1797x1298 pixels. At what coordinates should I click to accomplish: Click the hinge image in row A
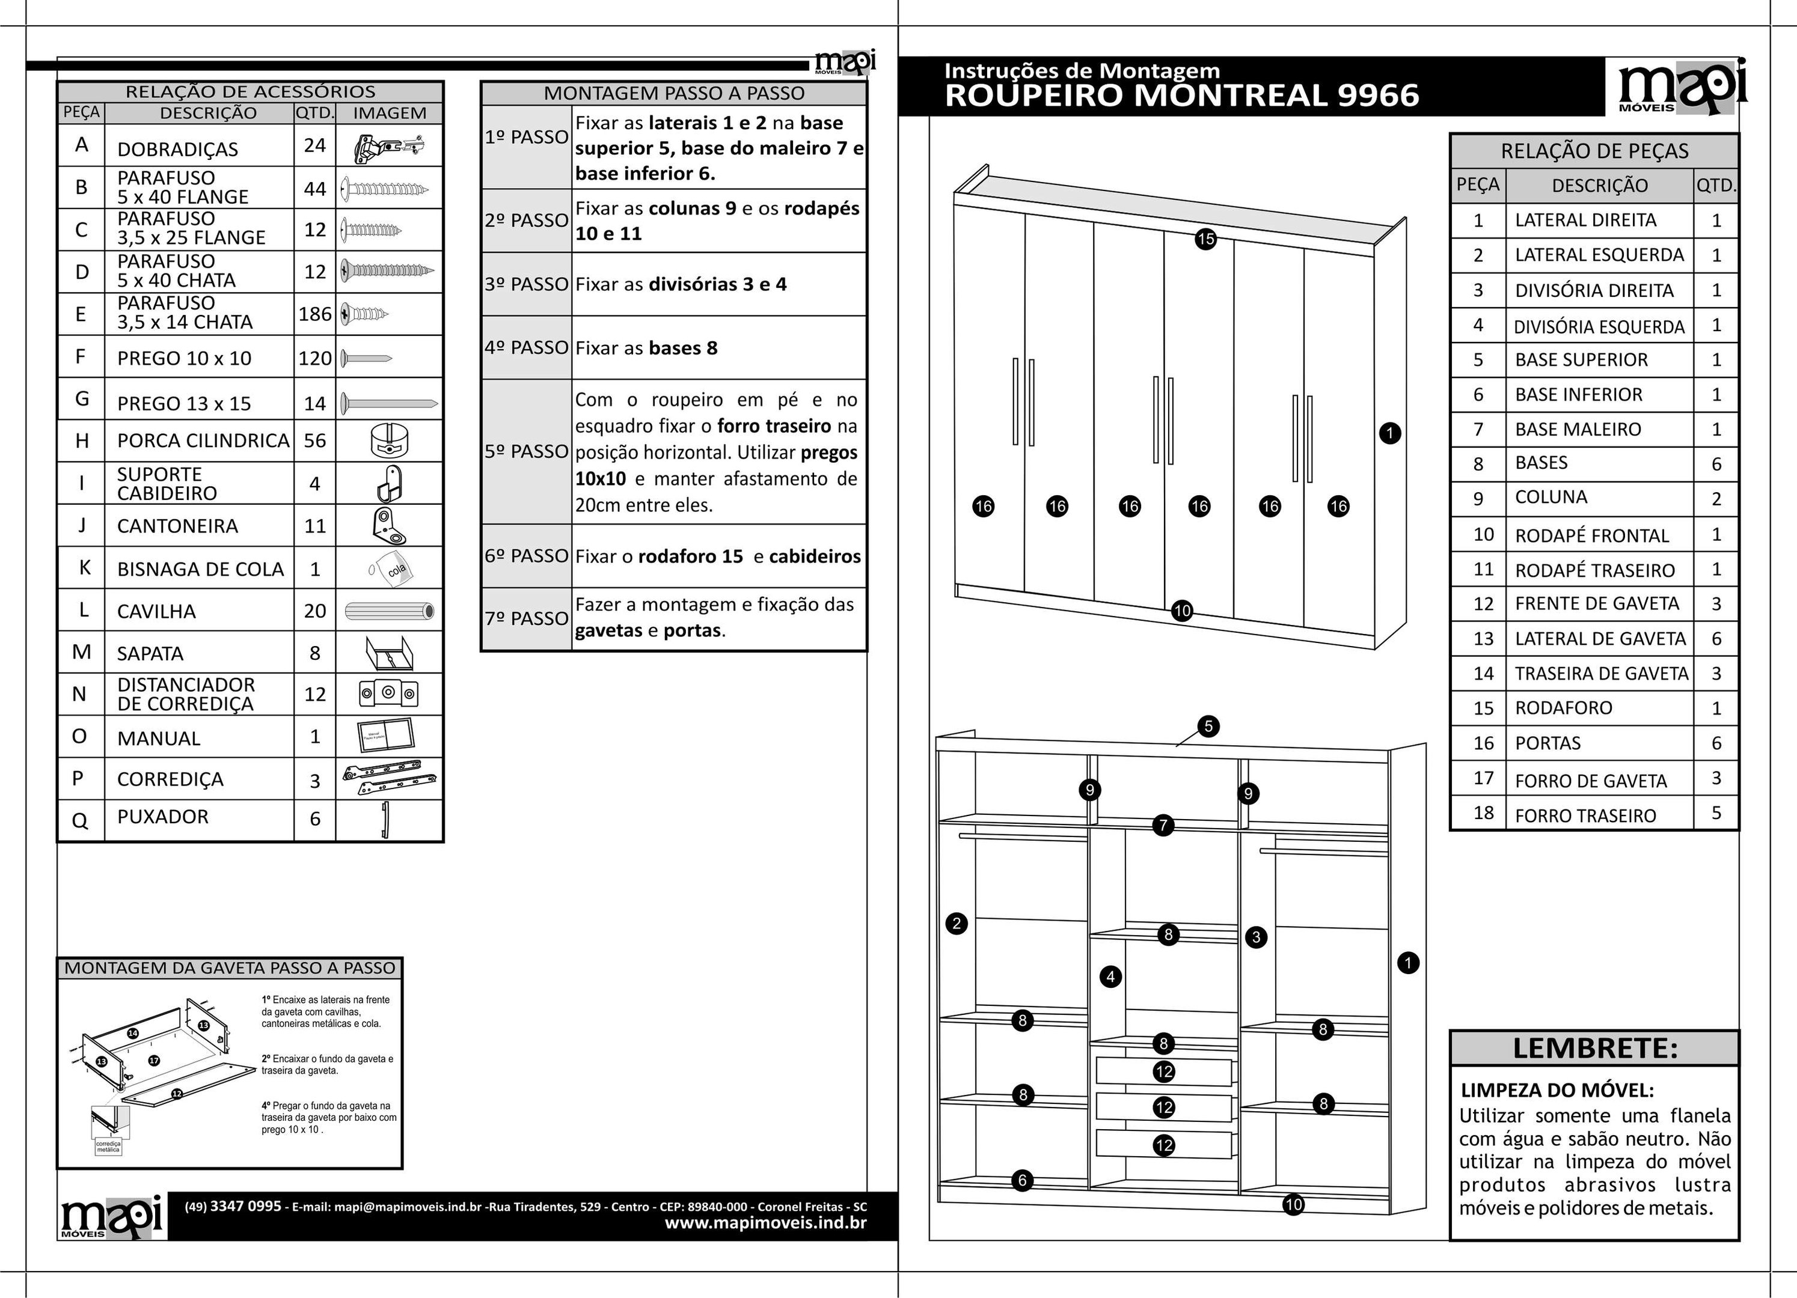click(x=388, y=147)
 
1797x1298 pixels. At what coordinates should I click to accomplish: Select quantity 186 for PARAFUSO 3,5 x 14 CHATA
click(x=314, y=314)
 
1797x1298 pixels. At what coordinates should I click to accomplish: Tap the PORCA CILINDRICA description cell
click(x=203, y=440)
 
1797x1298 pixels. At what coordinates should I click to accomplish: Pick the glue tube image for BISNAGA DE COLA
click(x=390, y=568)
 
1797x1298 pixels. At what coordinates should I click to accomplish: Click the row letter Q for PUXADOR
click(x=80, y=820)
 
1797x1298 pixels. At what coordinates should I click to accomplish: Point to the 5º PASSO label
click(x=526, y=451)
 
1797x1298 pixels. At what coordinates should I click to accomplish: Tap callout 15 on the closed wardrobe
click(x=1205, y=239)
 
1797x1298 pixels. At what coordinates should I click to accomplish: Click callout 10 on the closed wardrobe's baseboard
click(x=1181, y=611)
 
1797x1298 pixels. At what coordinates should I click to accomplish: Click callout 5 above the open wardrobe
click(x=1208, y=726)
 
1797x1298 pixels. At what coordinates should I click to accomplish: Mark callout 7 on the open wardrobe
click(x=1162, y=825)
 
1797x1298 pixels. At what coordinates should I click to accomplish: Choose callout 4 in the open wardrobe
click(x=1110, y=977)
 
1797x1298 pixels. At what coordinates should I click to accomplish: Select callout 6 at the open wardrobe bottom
click(x=1022, y=1180)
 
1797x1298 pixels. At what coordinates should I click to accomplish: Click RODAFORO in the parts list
click(x=1563, y=708)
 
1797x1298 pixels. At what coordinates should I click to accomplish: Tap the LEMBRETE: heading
click(x=1594, y=1049)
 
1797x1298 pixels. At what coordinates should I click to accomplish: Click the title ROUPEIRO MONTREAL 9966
click(x=1181, y=96)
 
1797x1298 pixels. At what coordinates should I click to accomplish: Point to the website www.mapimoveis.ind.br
click(x=765, y=1223)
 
